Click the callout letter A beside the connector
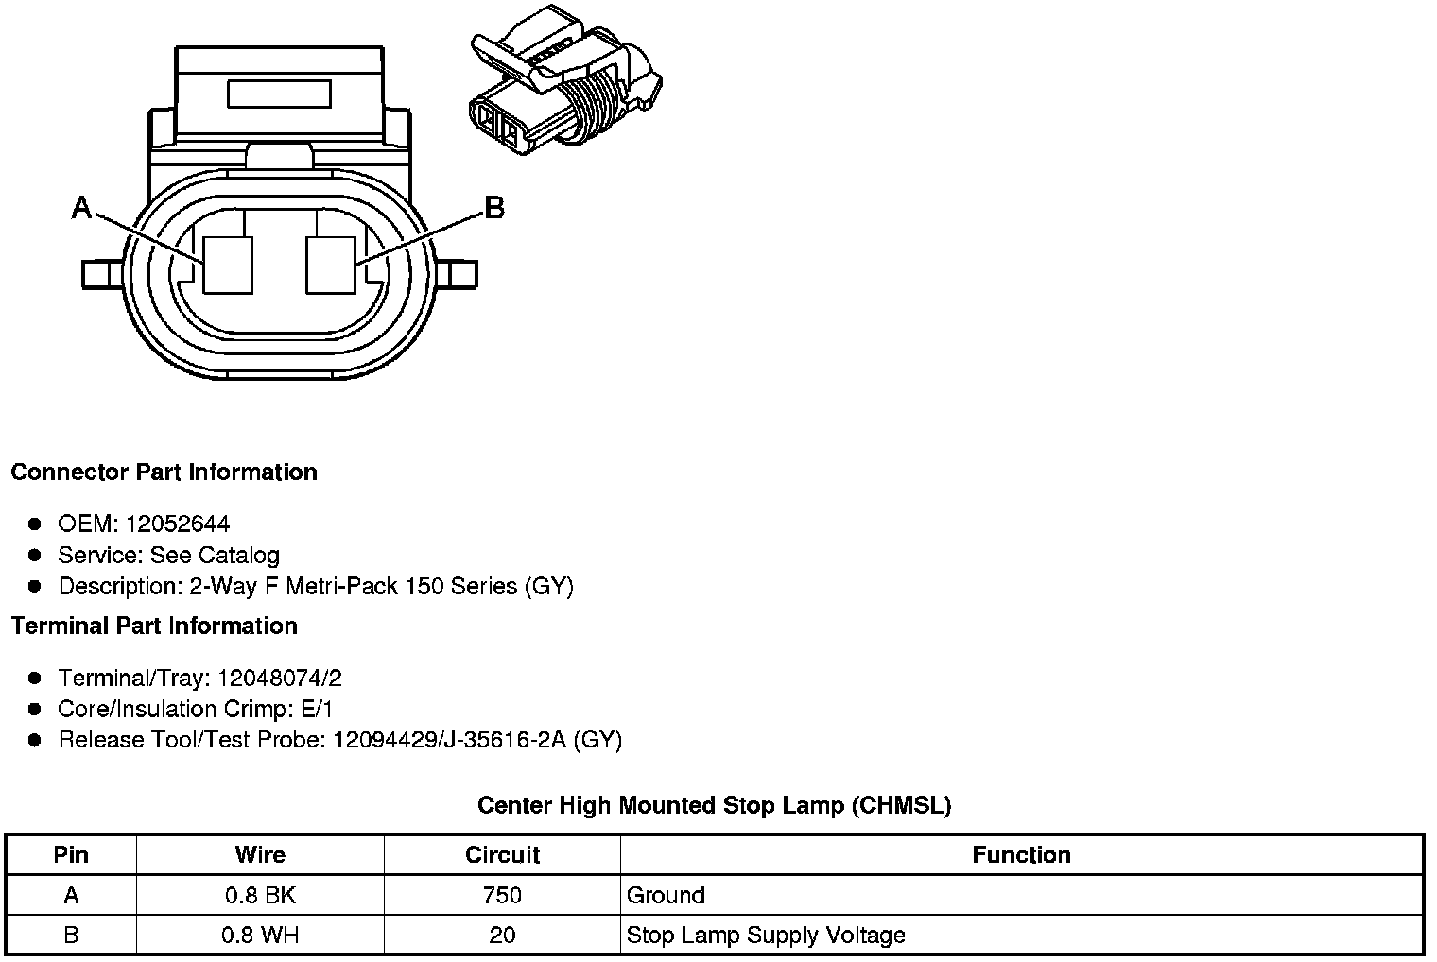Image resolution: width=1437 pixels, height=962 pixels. click(x=82, y=208)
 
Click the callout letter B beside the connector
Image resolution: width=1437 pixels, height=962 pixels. click(x=494, y=207)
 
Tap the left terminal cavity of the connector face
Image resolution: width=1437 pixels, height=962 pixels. click(x=229, y=264)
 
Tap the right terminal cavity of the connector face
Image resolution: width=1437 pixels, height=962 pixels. click(x=331, y=264)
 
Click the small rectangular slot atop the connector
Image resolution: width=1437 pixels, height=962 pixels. click(x=279, y=94)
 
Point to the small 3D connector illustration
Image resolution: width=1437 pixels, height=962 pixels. click(x=565, y=87)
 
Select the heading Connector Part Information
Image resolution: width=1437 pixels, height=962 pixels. click(x=164, y=472)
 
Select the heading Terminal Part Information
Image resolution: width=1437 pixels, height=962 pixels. click(x=154, y=626)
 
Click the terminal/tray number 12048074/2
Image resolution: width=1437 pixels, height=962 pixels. click(x=280, y=678)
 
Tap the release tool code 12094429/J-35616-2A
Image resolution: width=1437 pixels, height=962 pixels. click(x=449, y=739)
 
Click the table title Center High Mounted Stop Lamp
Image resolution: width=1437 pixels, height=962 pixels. click(x=714, y=805)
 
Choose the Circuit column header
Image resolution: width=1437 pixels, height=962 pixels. click(x=502, y=855)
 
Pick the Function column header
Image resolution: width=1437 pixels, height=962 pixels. click(x=1021, y=855)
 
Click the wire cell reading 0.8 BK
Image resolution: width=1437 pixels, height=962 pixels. click(x=260, y=895)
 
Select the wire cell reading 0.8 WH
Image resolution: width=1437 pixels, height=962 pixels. click(x=260, y=936)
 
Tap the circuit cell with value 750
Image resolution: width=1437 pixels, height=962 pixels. click(x=502, y=895)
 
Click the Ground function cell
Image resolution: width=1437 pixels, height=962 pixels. click(x=666, y=895)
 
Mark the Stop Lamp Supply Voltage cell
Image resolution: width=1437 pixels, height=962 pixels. click(x=766, y=936)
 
